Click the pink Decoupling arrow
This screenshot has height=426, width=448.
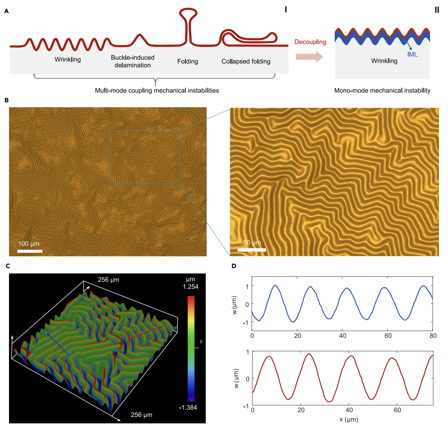click(309, 57)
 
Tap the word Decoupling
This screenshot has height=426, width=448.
click(310, 42)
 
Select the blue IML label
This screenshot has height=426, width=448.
click(412, 54)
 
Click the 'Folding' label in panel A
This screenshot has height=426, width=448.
click(188, 61)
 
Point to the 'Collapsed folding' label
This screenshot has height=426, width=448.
click(246, 61)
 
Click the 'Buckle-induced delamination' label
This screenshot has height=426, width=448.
click(132, 61)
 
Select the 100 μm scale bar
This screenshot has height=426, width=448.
click(30, 251)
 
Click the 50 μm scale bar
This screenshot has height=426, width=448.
click(252, 250)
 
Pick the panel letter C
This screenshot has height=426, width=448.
click(8, 266)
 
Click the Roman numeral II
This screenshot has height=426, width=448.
click(437, 10)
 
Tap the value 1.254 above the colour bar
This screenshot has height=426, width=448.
click(191, 287)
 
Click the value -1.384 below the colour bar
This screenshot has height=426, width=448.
click(188, 408)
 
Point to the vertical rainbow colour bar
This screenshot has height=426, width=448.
click(191, 349)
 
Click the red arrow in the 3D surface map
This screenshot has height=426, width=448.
click(144, 332)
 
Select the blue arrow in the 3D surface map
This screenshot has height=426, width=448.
click(58, 343)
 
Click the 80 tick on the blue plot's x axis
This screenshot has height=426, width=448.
click(433, 336)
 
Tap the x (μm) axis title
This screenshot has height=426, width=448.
click(349, 420)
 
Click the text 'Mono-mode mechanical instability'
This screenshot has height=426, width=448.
click(382, 90)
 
